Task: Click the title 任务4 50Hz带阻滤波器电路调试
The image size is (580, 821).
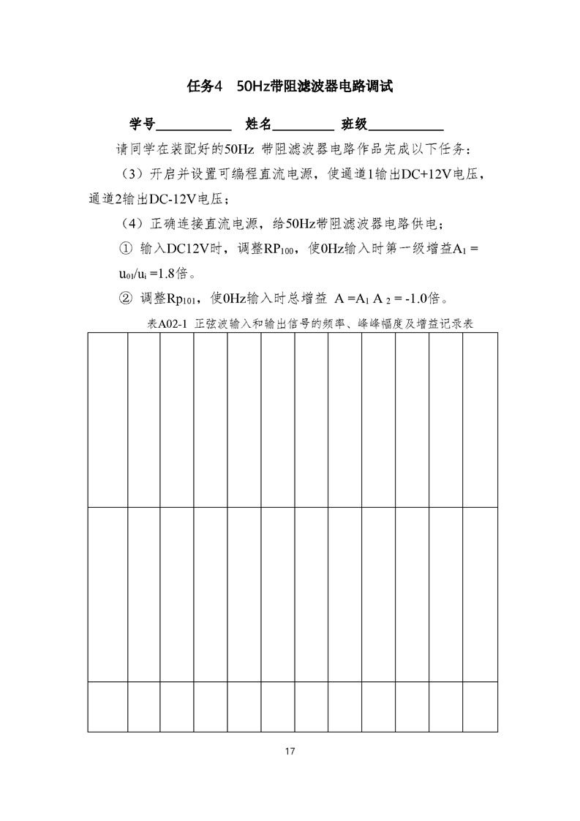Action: [290, 86]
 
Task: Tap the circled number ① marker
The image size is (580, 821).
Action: [125, 249]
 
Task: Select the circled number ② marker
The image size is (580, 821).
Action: [125, 299]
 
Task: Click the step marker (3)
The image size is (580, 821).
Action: [132, 174]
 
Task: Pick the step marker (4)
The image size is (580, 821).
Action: [132, 223]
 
